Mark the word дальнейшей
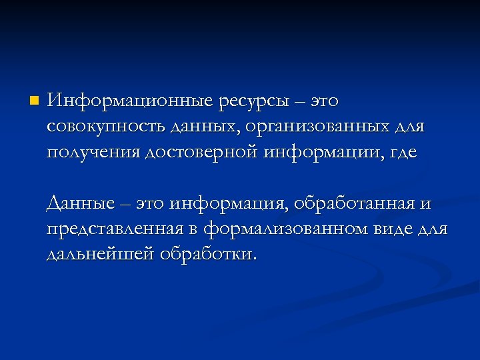click(100, 255)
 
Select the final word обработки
click(207, 255)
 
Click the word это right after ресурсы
click(323, 102)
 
